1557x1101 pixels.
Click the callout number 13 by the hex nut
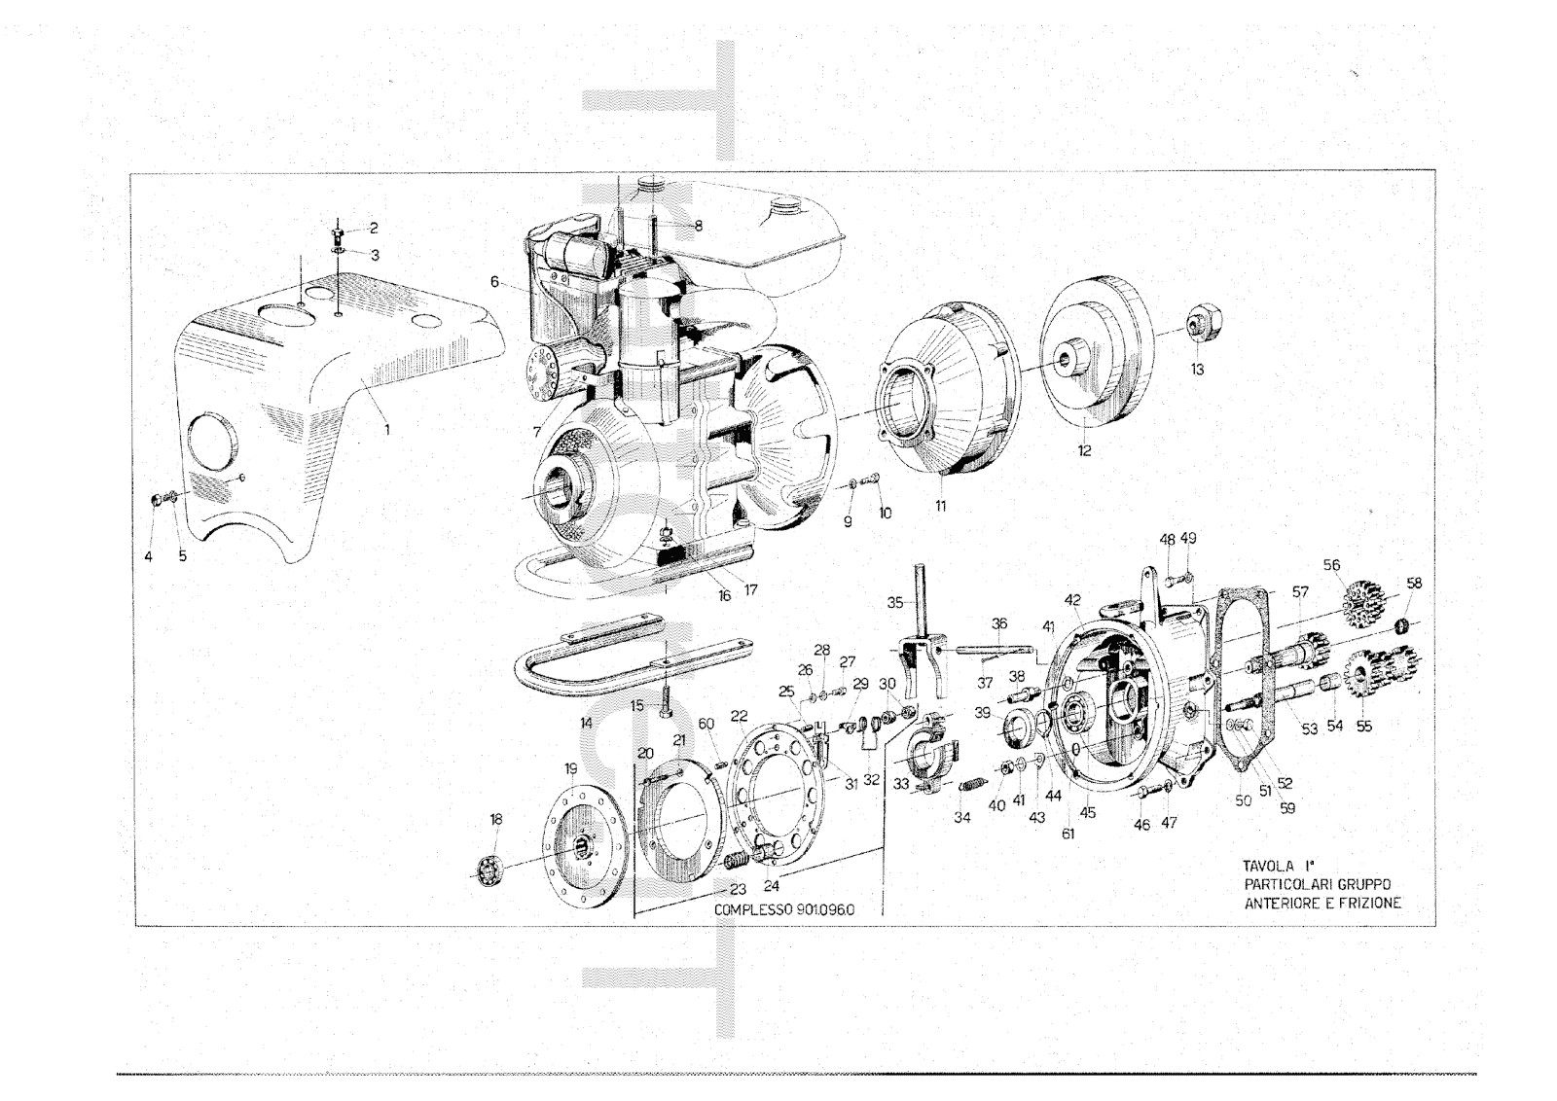(x=1197, y=370)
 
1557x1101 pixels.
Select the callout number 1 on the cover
(x=387, y=429)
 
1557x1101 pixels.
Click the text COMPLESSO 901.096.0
(x=784, y=910)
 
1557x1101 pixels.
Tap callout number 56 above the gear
(x=1332, y=565)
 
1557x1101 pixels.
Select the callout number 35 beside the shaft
(x=895, y=602)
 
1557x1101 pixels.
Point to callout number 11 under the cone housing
(x=940, y=507)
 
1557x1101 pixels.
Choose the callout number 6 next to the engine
(x=494, y=281)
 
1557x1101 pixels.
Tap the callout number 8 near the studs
(x=698, y=226)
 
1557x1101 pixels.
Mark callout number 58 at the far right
(x=1414, y=584)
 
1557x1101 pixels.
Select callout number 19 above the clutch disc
(x=570, y=769)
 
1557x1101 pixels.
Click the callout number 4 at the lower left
(x=148, y=556)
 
